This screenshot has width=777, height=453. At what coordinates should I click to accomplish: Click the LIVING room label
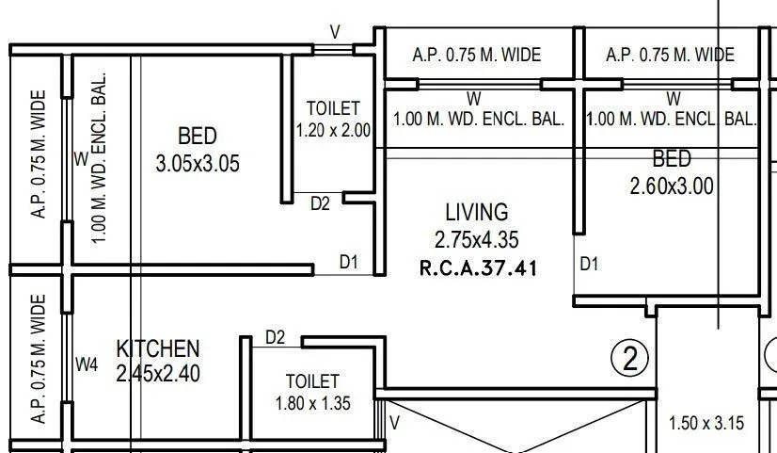pyautogui.click(x=476, y=212)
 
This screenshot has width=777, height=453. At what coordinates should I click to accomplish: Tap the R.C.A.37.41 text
pyautogui.click(x=478, y=267)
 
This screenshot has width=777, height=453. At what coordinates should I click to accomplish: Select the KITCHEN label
pyautogui.click(x=157, y=348)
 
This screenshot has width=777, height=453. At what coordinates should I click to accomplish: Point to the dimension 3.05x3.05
pyautogui.click(x=198, y=164)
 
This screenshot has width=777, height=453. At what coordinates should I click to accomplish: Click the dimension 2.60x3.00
pyautogui.click(x=672, y=186)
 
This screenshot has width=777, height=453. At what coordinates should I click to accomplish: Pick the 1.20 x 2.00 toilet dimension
pyautogui.click(x=333, y=131)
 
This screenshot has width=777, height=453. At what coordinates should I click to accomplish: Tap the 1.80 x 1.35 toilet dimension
pyautogui.click(x=312, y=404)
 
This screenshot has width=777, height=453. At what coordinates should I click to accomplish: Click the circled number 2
pyautogui.click(x=630, y=358)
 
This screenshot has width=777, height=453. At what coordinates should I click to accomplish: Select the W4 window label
pyautogui.click(x=87, y=364)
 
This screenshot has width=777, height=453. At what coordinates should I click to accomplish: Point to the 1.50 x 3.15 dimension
pyautogui.click(x=706, y=423)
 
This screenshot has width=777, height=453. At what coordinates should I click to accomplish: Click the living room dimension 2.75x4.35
pyautogui.click(x=477, y=240)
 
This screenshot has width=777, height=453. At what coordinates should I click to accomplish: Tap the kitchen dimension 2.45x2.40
pyautogui.click(x=158, y=373)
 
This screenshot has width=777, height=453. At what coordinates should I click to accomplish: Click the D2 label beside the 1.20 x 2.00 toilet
pyautogui.click(x=321, y=202)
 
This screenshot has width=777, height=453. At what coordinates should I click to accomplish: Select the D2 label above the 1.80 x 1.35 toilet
pyautogui.click(x=276, y=336)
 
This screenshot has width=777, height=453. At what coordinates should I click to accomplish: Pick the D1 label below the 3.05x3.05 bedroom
pyautogui.click(x=349, y=263)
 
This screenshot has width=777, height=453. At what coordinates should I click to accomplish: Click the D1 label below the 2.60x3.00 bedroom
pyautogui.click(x=589, y=264)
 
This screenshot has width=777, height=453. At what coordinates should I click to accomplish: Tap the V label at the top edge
pyautogui.click(x=335, y=32)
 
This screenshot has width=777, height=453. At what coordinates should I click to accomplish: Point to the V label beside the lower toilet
pyautogui.click(x=395, y=424)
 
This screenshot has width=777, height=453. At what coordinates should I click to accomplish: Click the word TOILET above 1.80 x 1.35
pyautogui.click(x=312, y=380)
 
